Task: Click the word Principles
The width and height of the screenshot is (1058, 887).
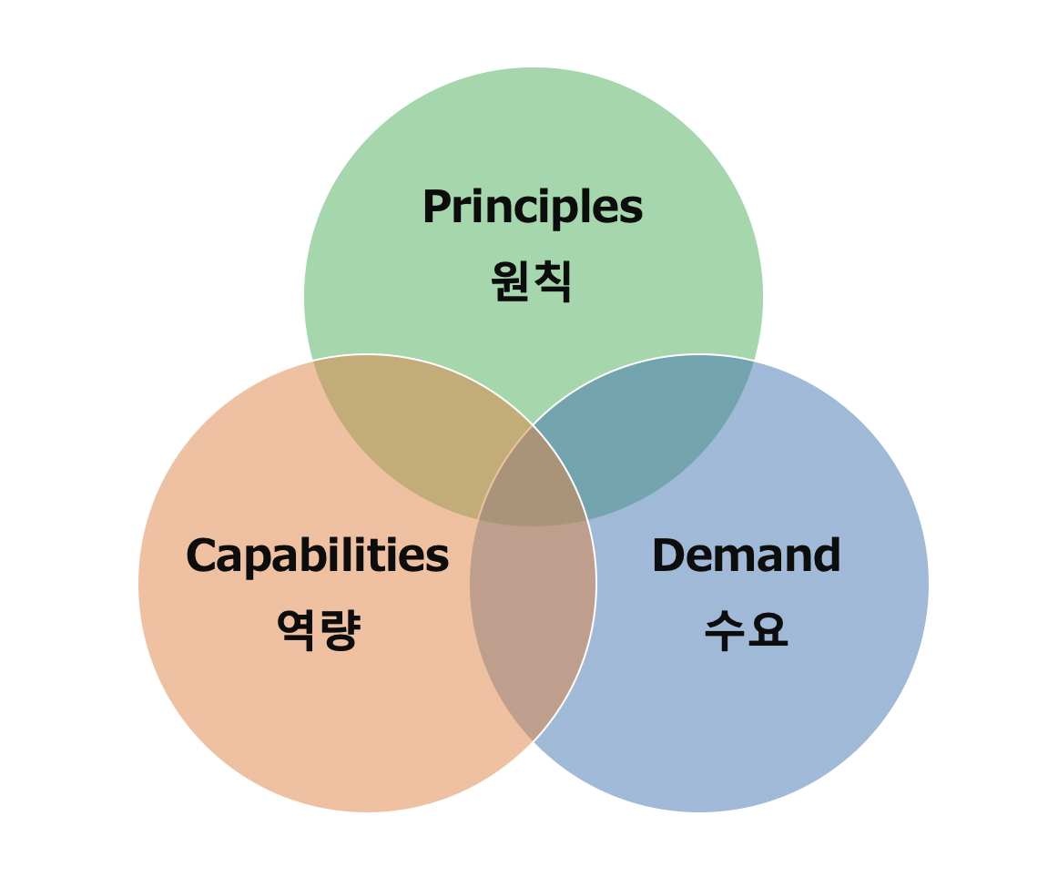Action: (532, 208)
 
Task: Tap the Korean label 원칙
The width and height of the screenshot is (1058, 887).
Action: (532, 280)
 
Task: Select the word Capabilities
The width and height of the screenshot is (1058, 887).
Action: (317, 556)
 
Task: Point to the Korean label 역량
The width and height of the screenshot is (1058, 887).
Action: (318, 629)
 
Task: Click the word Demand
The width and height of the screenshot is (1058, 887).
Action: (746, 556)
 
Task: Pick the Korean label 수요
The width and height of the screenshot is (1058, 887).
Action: (746, 629)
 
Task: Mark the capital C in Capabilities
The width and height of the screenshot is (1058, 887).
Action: (201, 556)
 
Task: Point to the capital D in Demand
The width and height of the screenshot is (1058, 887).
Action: (669, 556)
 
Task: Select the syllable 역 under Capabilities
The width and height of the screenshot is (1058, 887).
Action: (297, 629)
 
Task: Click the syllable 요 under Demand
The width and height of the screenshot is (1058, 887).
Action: (768, 629)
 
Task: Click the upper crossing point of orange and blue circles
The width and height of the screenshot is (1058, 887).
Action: (533, 425)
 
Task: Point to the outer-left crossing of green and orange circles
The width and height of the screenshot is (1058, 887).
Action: (312, 361)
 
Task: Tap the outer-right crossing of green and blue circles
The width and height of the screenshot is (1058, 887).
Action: (754, 361)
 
